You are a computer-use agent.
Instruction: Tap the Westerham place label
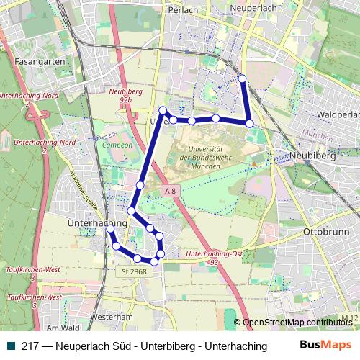click(x=113, y=315)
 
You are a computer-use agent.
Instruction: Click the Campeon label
click(x=117, y=145)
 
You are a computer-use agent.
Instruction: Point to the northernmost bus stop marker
click(x=242, y=78)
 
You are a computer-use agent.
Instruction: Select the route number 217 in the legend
click(x=30, y=346)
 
